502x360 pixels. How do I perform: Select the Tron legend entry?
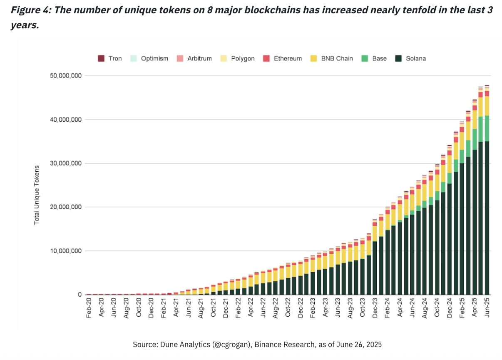point(110,58)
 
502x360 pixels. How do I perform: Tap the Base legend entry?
point(375,58)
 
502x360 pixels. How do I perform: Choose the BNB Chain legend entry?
point(332,58)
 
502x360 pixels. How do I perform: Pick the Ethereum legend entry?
point(283,58)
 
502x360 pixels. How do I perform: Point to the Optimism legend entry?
point(149,58)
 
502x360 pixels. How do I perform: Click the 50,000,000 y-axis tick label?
point(64,76)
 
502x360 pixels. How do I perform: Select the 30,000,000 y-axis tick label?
point(64,163)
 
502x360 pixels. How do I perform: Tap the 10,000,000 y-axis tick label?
point(64,251)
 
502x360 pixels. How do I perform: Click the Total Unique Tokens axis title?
point(37,195)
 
